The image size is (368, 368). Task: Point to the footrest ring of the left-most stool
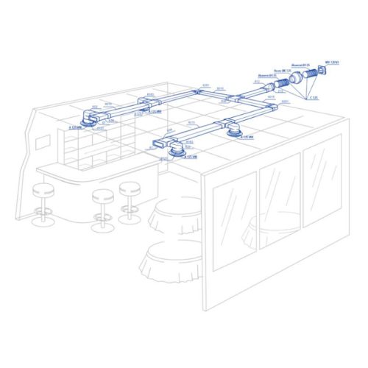coord(44,209)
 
